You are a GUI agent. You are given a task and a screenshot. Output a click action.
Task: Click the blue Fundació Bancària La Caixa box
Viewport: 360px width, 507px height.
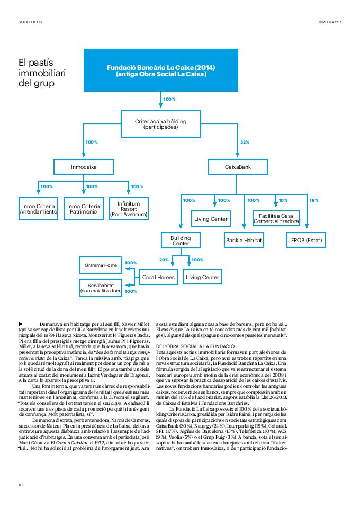(x=161, y=71)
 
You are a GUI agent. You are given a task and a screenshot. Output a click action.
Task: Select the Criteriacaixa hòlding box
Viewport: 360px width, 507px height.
(x=161, y=124)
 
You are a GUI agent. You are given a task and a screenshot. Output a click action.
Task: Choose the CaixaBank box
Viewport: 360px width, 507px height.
(x=238, y=167)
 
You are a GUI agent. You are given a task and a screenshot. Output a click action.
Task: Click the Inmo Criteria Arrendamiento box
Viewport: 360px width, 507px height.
(x=38, y=209)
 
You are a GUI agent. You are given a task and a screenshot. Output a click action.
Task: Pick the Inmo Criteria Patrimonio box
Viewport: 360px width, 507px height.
(x=84, y=209)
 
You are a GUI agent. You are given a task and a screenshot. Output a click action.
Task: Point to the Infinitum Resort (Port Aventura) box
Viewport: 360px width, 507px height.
(x=129, y=209)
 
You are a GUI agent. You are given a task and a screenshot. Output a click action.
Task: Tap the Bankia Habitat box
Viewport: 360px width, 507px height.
(x=244, y=240)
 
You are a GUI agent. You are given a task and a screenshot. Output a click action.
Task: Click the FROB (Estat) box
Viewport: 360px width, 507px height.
(x=307, y=240)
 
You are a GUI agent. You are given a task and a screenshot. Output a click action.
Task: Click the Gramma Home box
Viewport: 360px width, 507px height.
(x=101, y=265)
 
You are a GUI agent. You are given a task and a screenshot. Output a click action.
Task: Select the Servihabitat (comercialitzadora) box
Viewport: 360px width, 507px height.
(x=101, y=288)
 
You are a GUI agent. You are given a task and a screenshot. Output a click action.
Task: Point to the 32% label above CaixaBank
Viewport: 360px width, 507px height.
(x=245, y=142)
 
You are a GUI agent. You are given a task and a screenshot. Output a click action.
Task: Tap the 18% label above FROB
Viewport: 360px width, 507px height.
(x=314, y=200)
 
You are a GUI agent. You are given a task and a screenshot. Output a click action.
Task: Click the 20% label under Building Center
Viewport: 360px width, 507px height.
(x=164, y=260)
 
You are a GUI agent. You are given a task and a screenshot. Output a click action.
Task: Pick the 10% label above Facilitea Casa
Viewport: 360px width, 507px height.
(x=283, y=200)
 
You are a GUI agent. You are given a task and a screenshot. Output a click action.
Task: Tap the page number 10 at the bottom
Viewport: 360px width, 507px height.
(x=20, y=485)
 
